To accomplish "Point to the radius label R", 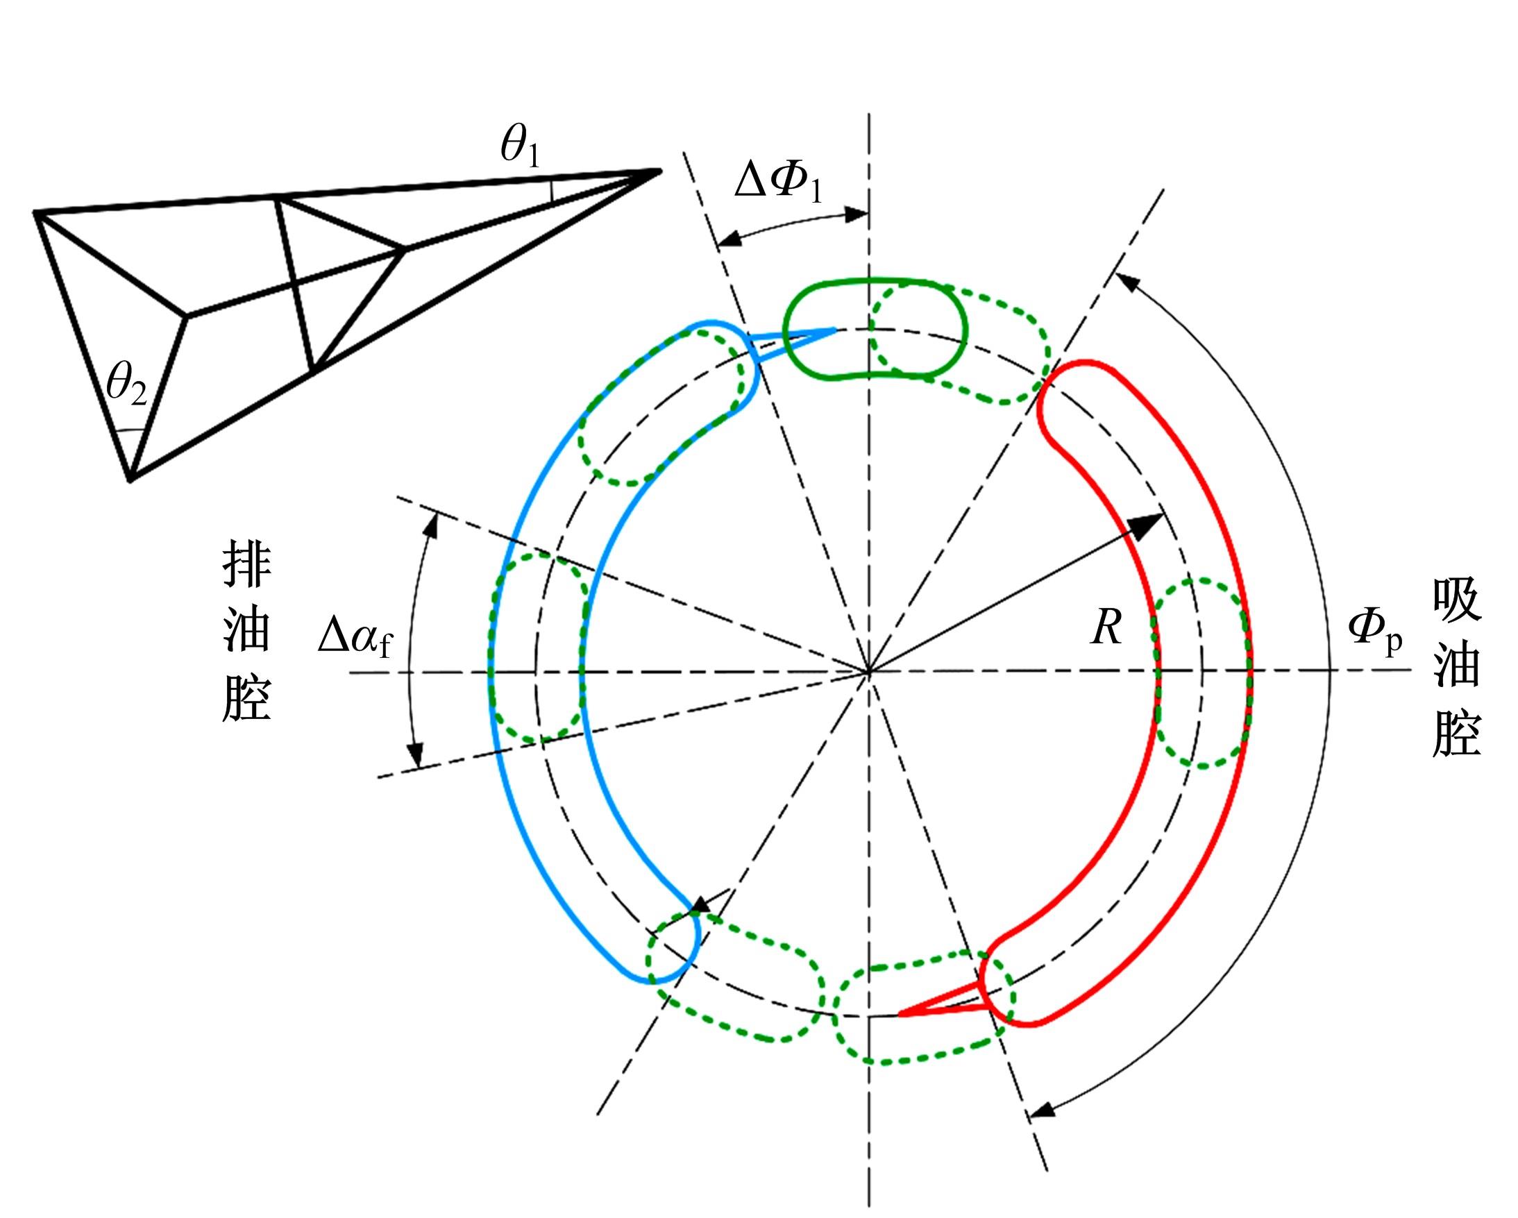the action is [x=1106, y=627].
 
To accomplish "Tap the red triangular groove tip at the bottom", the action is [x=900, y=1015].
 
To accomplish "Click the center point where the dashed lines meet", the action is [x=869, y=673].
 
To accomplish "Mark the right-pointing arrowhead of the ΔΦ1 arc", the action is [x=856, y=214].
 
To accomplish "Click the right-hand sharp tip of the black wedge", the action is [x=660, y=169].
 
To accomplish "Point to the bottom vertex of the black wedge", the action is [x=130, y=481].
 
